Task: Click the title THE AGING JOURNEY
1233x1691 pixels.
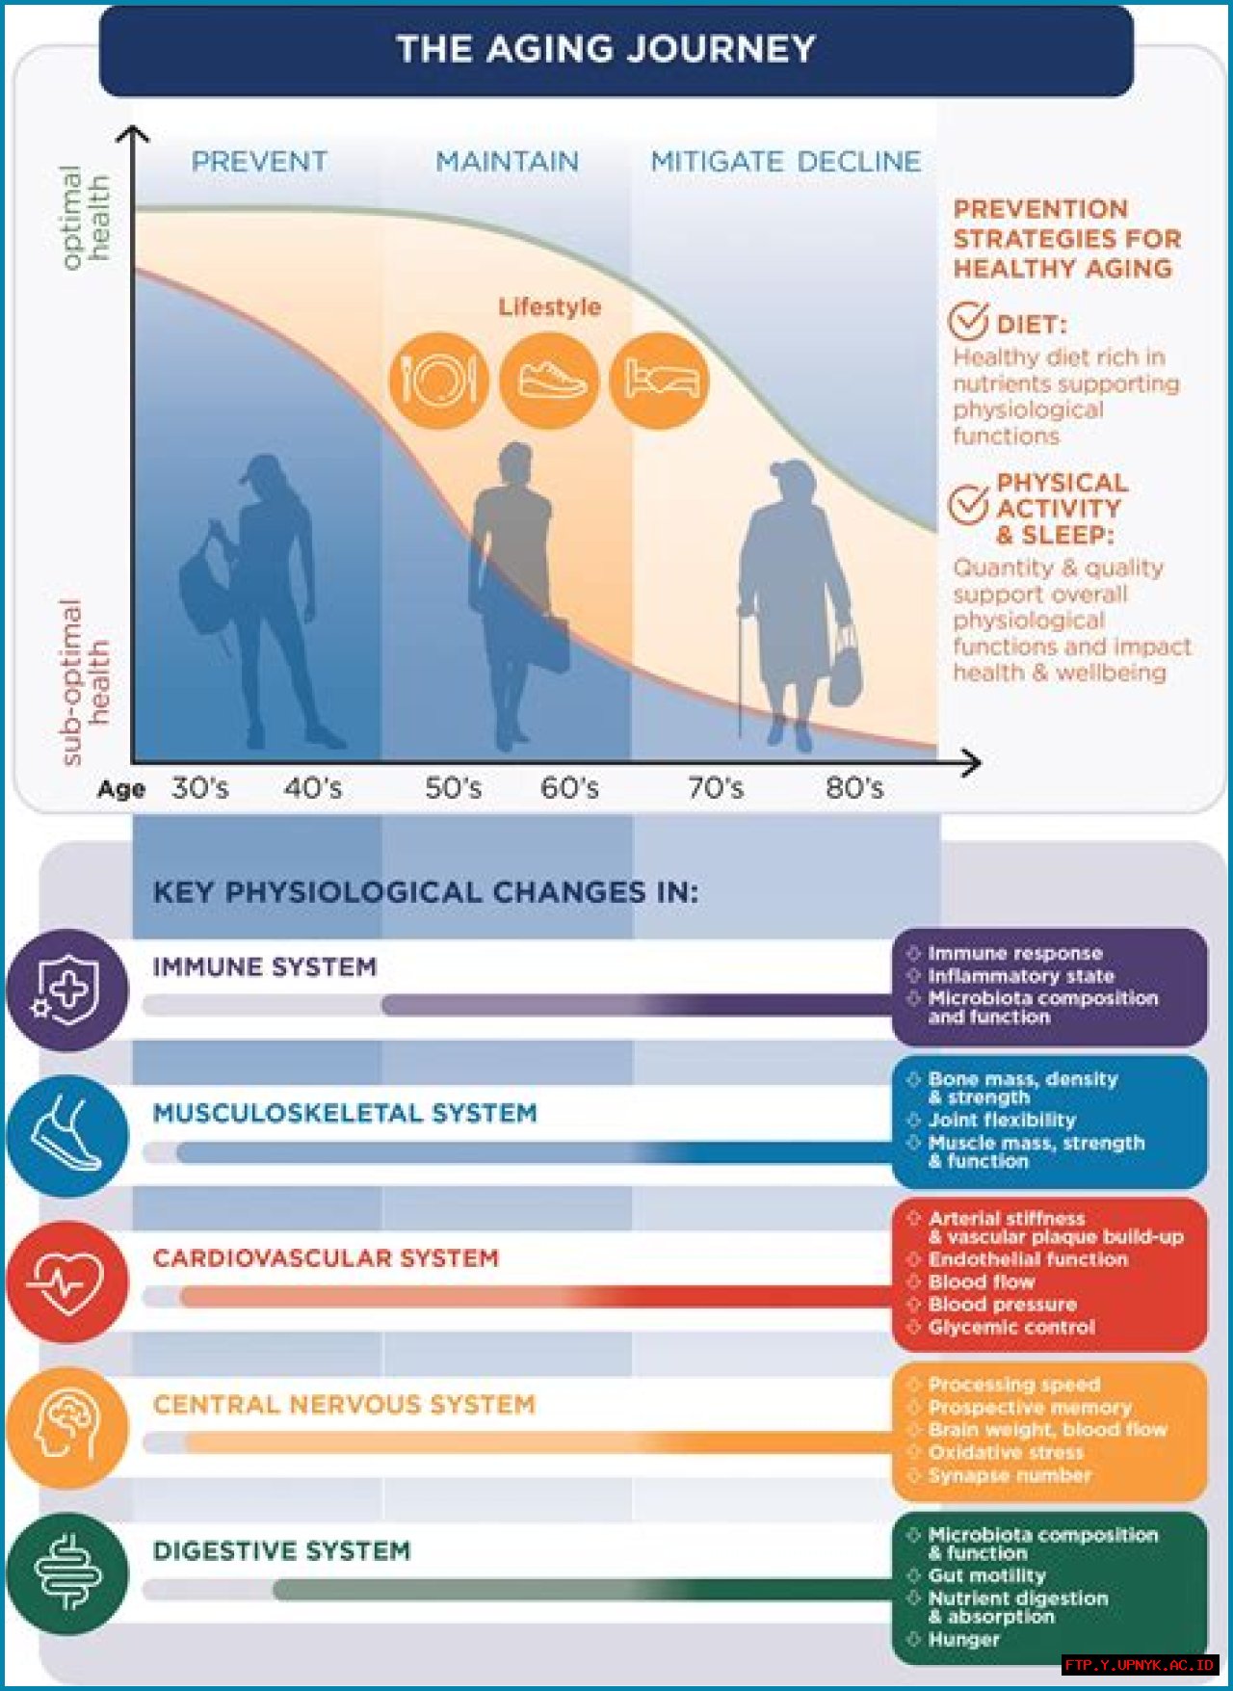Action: (x=606, y=49)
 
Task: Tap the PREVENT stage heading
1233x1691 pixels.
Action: (x=259, y=162)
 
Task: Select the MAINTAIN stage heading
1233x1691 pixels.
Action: (x=507, y=162)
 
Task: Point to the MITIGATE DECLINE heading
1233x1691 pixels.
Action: (x=785, y=162)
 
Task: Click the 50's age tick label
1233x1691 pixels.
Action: (x=453, y=788)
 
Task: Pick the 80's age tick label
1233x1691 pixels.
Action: (x=854, y=788)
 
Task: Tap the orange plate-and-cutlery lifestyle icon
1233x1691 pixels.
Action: (x=438, y=381)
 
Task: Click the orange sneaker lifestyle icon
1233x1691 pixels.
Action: (x=550, y=381)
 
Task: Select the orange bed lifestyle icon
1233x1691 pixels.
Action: (x=660, y=381)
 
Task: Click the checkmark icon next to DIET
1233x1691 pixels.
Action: (x=968, y=319)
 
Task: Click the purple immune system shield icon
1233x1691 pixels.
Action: (x=67, y=990)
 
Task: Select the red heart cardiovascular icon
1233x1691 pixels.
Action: (x=67, y=1282)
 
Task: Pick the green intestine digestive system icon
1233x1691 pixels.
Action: (x=67, y=1574)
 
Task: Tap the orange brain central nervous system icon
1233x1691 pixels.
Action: (x=67, y=1428)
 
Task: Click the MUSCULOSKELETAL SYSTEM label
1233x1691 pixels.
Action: (x=345, y=1114)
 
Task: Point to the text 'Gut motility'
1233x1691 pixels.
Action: (x=986, y=1576)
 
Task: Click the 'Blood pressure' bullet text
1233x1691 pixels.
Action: (x=1002, y=1305)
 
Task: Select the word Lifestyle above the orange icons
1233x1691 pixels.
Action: (x=549, y=307)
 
